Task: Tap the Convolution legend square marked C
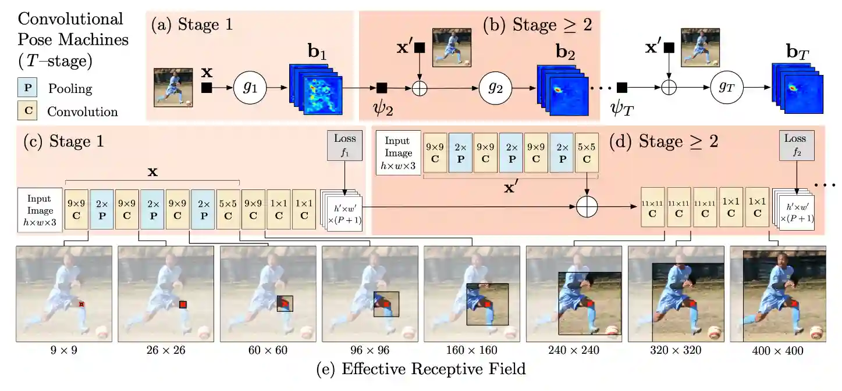click(29, 111)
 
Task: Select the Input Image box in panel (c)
click(40, 210)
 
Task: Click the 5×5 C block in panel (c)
click(228, 210)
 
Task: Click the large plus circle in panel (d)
click(587, 206)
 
